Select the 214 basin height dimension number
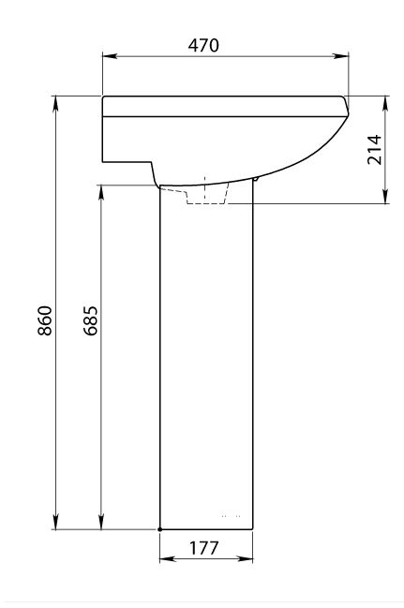[373, 149]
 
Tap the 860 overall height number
[44, 320]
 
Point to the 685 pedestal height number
[90, 320]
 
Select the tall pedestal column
[206, 365]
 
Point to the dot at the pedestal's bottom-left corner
[160, 530]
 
